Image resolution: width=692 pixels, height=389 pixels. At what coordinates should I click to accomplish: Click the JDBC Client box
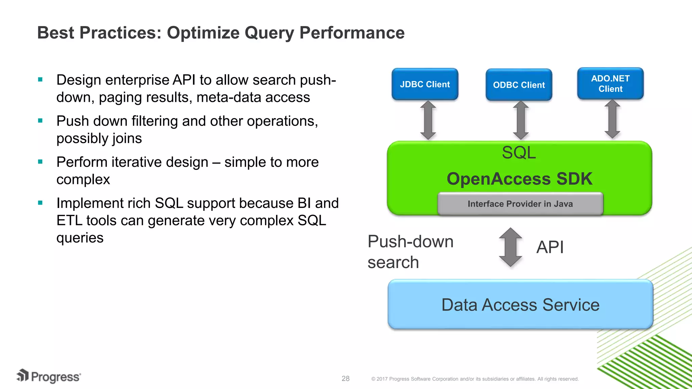(425, 84)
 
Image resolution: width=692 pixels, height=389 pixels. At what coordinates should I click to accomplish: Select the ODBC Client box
(519, 85)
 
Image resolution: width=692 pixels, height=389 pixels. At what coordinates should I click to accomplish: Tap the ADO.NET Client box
(610, 83)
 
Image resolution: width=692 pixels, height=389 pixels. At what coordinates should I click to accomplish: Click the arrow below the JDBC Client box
(428, 120)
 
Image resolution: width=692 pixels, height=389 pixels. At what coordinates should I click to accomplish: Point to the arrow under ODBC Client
(521, 120)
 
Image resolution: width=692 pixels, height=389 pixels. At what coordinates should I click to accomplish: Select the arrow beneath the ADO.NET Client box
(612, 119)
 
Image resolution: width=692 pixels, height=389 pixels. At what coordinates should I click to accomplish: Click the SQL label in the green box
(519, 153)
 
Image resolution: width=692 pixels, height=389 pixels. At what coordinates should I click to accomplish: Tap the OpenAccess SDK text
(519, 179)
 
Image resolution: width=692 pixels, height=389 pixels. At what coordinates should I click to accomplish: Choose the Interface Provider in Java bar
(520, 204)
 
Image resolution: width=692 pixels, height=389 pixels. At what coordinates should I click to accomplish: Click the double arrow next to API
(511, 247)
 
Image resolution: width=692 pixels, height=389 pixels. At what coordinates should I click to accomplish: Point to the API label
(550, 247)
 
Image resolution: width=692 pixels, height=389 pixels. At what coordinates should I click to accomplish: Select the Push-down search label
(410, 252)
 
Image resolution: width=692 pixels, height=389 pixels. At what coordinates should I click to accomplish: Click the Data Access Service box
(520, 304)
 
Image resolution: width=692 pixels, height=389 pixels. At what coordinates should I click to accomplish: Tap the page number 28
(345, 379)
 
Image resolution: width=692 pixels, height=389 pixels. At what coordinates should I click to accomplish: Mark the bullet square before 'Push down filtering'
(41, 121)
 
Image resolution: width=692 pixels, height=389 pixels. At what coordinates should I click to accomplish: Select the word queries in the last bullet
(80, 238)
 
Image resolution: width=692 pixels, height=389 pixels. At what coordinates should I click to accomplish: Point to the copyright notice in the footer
(475, 379)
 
